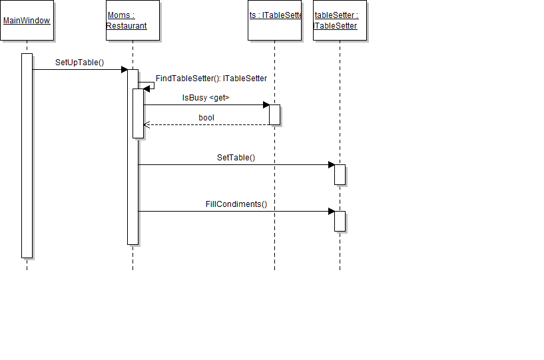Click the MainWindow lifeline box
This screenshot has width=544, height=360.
click(27, 21)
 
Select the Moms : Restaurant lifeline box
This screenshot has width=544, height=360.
click(133, 21)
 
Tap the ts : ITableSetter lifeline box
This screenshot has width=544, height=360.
click(274, 21)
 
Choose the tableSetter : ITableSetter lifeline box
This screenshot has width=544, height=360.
click(340, 21)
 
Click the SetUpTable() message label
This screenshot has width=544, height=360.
click(80, 63)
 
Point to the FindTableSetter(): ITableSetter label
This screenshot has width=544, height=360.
click(211, 79)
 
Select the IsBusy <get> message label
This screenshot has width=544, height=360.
click(206, 98)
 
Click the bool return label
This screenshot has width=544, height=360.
click(206, 118)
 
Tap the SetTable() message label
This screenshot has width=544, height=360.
click(236, 158)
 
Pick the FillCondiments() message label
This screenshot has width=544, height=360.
click(236, 204)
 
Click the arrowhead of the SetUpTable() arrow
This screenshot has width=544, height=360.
click(124, 69)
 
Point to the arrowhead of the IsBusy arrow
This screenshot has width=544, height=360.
click(266, 104)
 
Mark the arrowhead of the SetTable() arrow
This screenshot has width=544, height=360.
click(331, 164)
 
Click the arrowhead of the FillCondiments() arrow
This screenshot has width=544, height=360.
click(331, 211)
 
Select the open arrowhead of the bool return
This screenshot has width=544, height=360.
click(146, 124)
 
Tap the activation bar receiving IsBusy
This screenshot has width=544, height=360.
click(274, 114)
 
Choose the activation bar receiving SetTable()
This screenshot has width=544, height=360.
click(340, 174)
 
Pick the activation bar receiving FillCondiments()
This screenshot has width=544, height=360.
click(340, 221)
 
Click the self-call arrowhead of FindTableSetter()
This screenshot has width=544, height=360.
click(147, 89)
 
